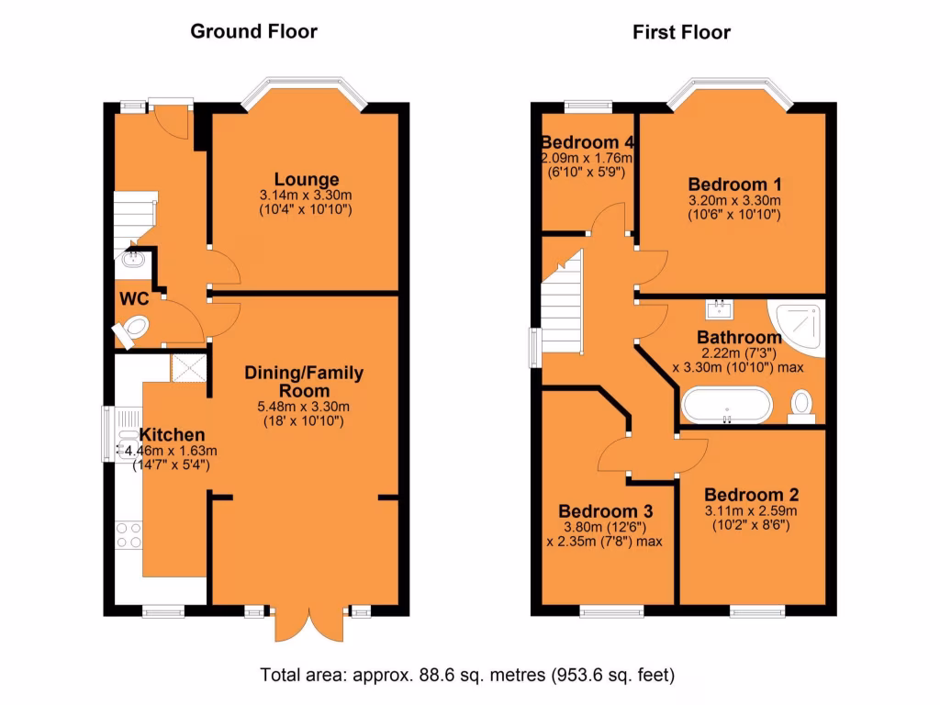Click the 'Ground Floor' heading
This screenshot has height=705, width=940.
click(253, 31)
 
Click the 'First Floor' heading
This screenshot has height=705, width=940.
click(681, 32)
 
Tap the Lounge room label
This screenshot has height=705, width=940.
click(306, 179)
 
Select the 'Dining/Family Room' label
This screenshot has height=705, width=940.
click(303, 381)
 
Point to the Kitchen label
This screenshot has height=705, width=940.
click(172, 434)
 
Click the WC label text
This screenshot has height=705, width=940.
click(134, 298)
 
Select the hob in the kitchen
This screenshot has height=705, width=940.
click(128, 534)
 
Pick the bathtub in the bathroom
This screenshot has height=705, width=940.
click(726, 405)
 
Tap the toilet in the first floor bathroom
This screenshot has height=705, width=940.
click(801, 404)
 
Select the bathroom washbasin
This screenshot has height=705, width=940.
click(718, 308)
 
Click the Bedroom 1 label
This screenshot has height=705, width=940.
click(733, 182)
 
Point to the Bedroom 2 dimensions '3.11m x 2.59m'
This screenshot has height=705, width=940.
click(750, 510)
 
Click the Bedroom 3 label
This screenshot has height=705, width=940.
click(606, 510)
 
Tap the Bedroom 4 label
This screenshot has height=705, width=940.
click(587, 142)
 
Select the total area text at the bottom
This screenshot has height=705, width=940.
click(468, 676)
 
